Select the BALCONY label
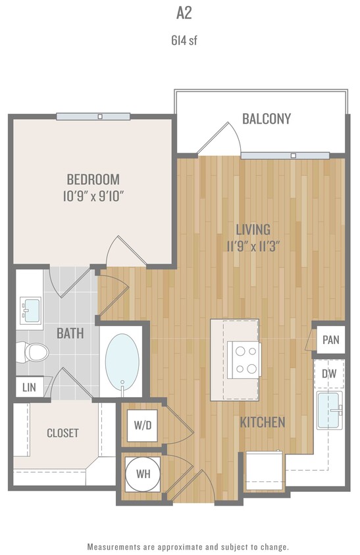click(267, 119)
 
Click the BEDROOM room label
click(93, 179)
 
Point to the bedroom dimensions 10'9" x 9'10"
click(93, 196)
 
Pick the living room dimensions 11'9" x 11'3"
click(253, 247)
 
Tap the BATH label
click(70, 333)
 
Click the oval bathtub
click(122, 362)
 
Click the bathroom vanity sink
click(30, 309)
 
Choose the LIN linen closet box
click(28, 387)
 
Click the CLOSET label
click(63, 433)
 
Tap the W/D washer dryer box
click(142, 425)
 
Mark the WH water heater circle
click(142, 473)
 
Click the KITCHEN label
click(262, 422)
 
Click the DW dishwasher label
click(329, 374)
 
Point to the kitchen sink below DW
click(329, 410)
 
